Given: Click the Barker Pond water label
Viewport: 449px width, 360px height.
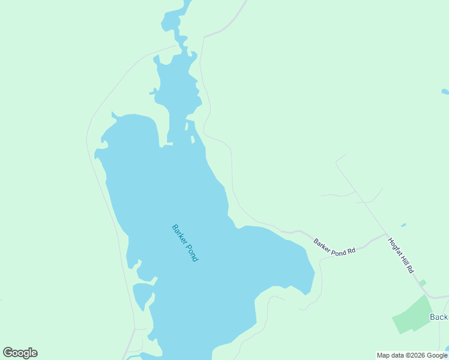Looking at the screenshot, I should (185, 242).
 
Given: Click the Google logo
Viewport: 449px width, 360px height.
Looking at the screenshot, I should (20, 353).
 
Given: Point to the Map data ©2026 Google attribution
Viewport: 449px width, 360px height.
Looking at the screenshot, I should (412, 355).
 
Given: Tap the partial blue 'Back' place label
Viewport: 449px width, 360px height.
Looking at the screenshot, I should (439, 317).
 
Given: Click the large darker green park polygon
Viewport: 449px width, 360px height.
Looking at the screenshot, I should (414, 316).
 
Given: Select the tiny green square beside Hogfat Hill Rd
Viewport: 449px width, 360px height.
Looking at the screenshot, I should (423, 283).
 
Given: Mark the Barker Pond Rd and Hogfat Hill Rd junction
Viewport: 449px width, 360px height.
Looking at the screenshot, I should (385, 233).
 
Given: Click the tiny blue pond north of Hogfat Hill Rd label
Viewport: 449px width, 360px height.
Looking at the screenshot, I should (403, 226).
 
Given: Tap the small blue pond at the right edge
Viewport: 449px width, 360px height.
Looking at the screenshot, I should (445, 92).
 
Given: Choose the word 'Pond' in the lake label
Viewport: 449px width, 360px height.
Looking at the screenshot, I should (191, 251).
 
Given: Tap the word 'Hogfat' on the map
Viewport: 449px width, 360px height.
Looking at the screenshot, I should (395, 247).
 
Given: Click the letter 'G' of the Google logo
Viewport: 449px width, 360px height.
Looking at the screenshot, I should (8, 353).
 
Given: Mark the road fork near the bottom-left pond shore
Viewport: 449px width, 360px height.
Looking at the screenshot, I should (135, 329).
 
